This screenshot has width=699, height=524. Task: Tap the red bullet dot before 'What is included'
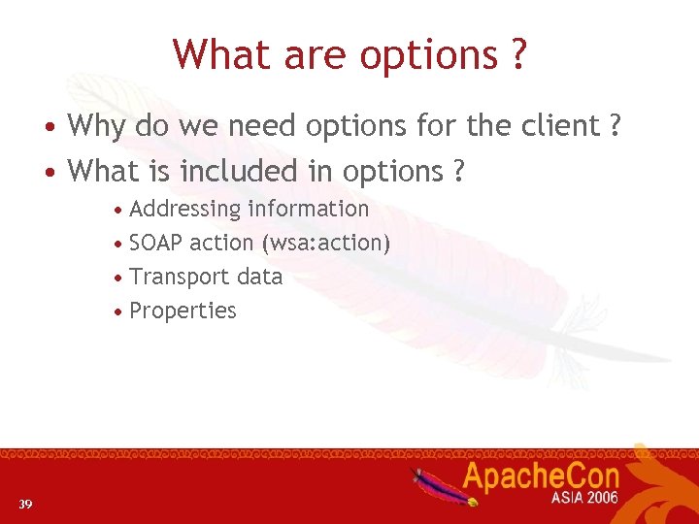coord(48,173)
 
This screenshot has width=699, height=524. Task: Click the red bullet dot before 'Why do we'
coord(48,127)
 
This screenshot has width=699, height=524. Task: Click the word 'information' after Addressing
coord(308,209)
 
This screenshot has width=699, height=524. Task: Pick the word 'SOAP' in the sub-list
coord(156,243)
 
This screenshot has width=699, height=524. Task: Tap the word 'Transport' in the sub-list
coord(179,278)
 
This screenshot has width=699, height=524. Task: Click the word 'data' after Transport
coord(259,277)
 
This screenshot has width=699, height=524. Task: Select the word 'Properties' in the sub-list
coord(183,311)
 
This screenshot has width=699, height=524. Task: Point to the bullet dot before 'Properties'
coord(117,312)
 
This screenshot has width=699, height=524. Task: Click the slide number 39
coord(25,504)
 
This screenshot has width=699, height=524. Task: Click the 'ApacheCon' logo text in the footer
coord(539,477)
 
